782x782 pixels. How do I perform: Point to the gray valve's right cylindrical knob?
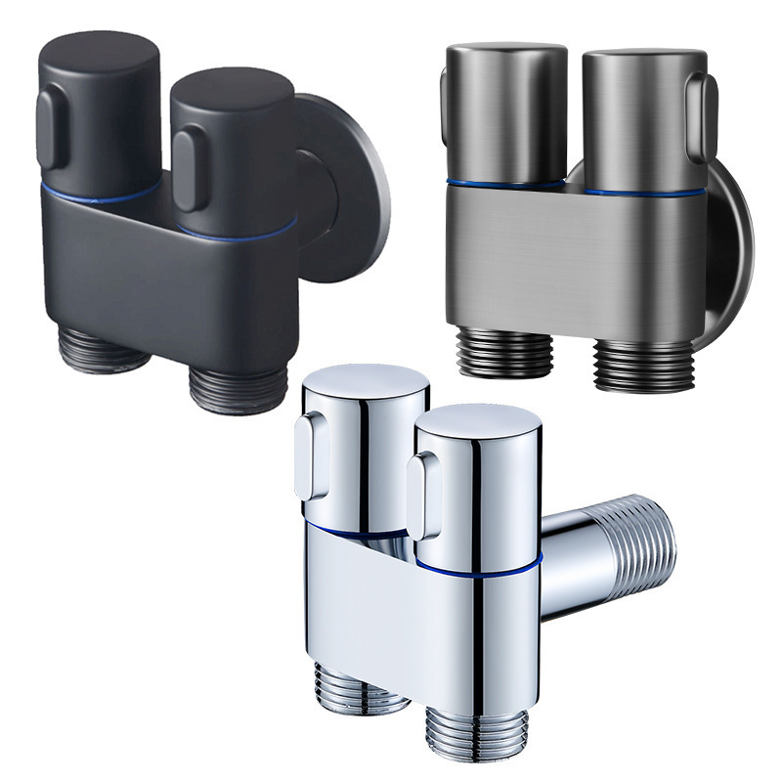click(640, 117)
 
